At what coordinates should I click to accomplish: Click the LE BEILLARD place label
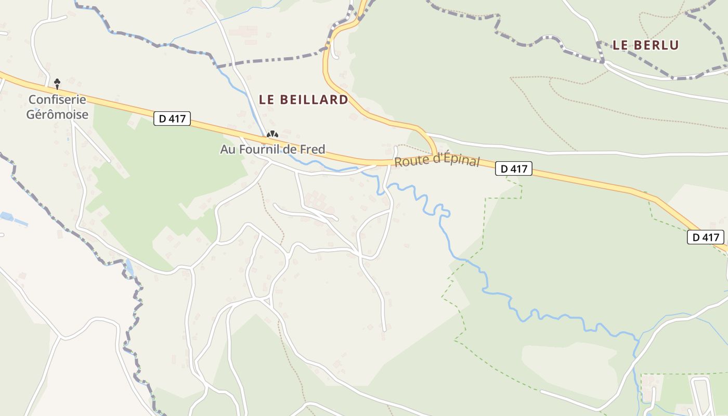coord(304,99)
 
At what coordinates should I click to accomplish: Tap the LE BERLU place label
coord(646,45)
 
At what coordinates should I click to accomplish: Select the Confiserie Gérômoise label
coord(57,107)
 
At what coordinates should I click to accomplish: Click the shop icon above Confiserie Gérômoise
coord(57,83)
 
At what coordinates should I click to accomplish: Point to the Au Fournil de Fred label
coord(272,149)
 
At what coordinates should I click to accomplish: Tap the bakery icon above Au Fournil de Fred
coord(272,135)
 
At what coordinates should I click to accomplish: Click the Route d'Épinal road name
coord(437,160)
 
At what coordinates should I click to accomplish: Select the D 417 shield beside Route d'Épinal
coord(514,168)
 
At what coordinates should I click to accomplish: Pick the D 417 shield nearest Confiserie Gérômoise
coord(173,119)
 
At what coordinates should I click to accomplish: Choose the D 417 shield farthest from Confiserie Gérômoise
coord(706,237)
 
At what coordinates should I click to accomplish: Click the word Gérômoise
coord(57,114)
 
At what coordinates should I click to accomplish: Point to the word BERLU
coord(656,45)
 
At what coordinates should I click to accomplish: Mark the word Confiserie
coord(57,99)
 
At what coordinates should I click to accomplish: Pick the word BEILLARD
coord(314,99)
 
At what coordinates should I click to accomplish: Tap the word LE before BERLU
coord(620,45)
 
